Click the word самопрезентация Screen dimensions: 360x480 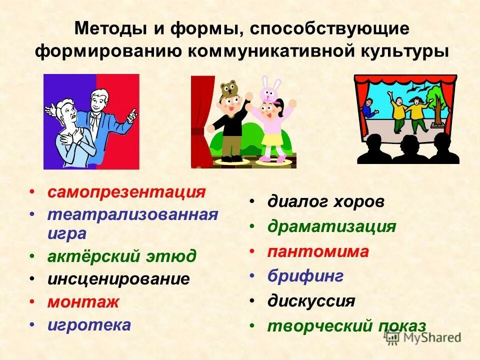(126, 192)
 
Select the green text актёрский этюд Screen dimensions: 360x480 (122, 256)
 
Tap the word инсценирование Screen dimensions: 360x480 (118, 278)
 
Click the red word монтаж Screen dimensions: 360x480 (83, 302)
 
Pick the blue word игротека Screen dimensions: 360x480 (89, 325)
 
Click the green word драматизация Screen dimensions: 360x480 (331, 226)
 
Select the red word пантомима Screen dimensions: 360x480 (318, 251)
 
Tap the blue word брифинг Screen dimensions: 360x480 (305, 276)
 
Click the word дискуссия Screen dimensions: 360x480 (311, 301)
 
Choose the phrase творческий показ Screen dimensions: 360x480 (346, 326)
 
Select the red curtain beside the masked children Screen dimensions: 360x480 (201, 120)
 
